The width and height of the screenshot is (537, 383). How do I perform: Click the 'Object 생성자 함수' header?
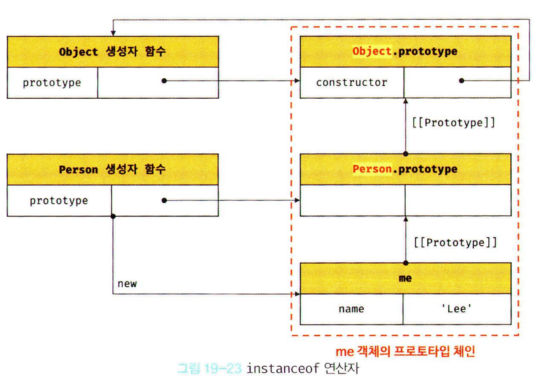[112, 52]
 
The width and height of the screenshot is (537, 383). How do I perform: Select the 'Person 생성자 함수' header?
[112, 169]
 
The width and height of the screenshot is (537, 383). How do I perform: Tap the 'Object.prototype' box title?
[405, 51]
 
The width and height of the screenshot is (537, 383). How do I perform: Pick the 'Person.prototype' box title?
[405, 169]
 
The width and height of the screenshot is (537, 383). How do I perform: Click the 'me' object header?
[405, 278]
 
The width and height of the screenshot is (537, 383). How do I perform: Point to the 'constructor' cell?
[352, 82]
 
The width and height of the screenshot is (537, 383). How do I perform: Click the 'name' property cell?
[351, 309]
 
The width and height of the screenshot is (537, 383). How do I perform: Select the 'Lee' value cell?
[457, 309]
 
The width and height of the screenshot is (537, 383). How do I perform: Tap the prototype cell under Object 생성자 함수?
[52, 83]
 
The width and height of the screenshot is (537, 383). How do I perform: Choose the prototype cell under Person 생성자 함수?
[59, 201]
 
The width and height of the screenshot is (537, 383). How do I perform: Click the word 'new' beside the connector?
[127, 284]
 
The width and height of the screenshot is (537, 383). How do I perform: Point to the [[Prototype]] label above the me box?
[455, 243]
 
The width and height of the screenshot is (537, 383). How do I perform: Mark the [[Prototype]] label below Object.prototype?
[453, 123]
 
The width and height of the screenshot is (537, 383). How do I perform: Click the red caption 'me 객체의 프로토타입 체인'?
[405, 351]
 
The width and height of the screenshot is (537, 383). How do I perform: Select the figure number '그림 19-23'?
[209, 368]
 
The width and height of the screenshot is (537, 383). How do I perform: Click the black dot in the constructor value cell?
[462, 81]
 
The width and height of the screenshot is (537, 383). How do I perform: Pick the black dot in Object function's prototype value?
[164, 81]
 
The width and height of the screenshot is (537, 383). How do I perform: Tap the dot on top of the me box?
[406, 263]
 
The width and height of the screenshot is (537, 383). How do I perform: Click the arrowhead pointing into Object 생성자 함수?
[113, 33]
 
